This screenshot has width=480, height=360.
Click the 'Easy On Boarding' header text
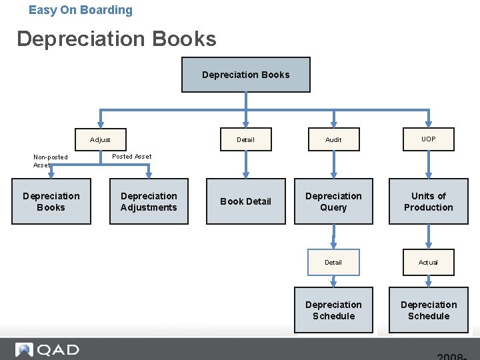click(81, 10)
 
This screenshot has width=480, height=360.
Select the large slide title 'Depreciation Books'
click(117, 39)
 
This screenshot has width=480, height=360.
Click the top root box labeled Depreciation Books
click(246, 75)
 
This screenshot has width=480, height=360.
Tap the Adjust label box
click(100, 139)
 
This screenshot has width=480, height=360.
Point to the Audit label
click(333, 139)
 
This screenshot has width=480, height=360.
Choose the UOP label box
click(428, 139)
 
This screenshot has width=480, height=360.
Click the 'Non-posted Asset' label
click(50, 161)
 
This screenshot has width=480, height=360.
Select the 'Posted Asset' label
click(131, 156)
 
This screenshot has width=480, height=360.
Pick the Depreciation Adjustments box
click(149, 201)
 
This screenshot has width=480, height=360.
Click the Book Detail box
click(245, 201)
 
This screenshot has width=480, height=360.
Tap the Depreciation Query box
click(333, 201)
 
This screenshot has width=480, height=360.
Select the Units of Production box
click(428, 201)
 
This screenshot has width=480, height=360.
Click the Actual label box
click(428, 262)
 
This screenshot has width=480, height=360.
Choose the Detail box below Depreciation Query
click(333, 262)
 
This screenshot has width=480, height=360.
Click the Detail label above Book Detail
click(245, 139)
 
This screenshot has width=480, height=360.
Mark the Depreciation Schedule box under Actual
click(428, 310)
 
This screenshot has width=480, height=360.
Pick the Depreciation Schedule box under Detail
click(333, 310)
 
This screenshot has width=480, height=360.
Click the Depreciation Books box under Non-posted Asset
click(51, 201)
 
